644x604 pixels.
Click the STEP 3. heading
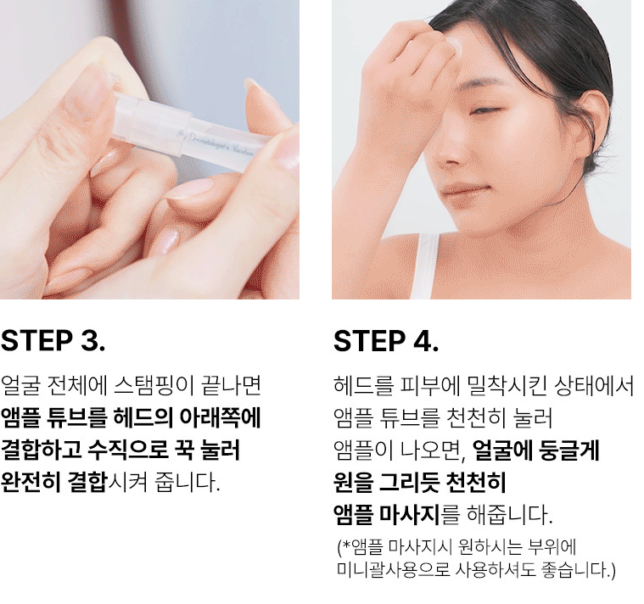53,341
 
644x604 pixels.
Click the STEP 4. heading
386,341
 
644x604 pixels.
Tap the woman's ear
592,131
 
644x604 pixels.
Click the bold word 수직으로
128,450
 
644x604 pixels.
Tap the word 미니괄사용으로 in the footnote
393,570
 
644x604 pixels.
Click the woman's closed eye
484,111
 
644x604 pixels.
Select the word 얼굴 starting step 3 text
20,385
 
